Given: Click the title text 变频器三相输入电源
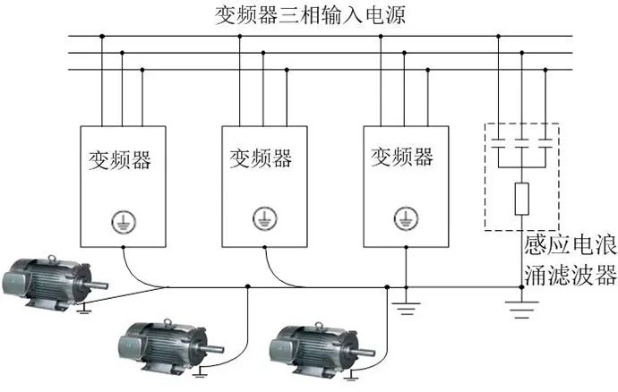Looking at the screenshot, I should pyautogui.click(x=309, y=15).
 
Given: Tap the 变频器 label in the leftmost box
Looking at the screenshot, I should pyautogui.click(x=119, y=160).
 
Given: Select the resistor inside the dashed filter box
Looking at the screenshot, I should pyautogui.click(x=521, y=196).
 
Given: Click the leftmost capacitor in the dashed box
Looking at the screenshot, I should pyautogui.click(x=498, y=142).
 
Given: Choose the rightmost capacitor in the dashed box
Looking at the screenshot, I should pyautogui.click(x=545, y=142).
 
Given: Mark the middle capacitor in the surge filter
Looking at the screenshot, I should pyautogui.click(x=521, y=142).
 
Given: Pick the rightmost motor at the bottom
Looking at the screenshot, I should pyautogui.click(x=314, y=342).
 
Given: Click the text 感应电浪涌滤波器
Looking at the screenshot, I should pyautogui.click(x=570, y=260).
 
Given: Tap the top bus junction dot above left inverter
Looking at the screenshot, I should pyautogui.click(x=101, y=37).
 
